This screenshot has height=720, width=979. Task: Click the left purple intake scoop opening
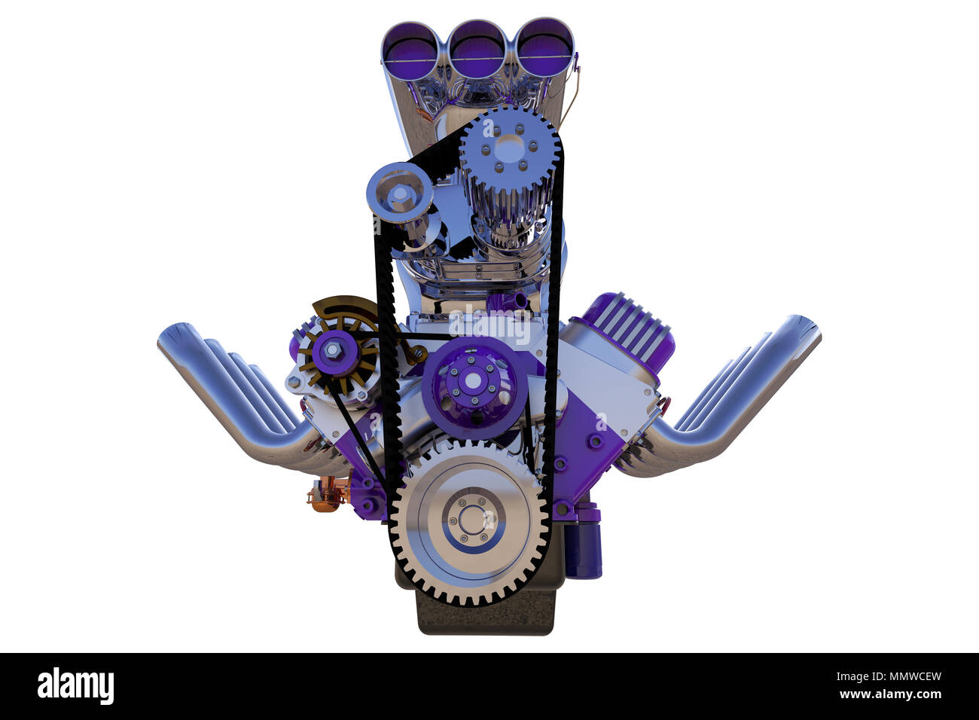(x=410, y=47)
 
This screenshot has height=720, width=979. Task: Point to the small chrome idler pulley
(x=398, y=194)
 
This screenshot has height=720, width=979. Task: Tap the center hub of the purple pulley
(x=471, y=382)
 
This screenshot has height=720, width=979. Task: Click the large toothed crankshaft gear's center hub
(x=471, y=519)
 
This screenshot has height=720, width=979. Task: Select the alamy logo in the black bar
(x=75, y=686)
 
